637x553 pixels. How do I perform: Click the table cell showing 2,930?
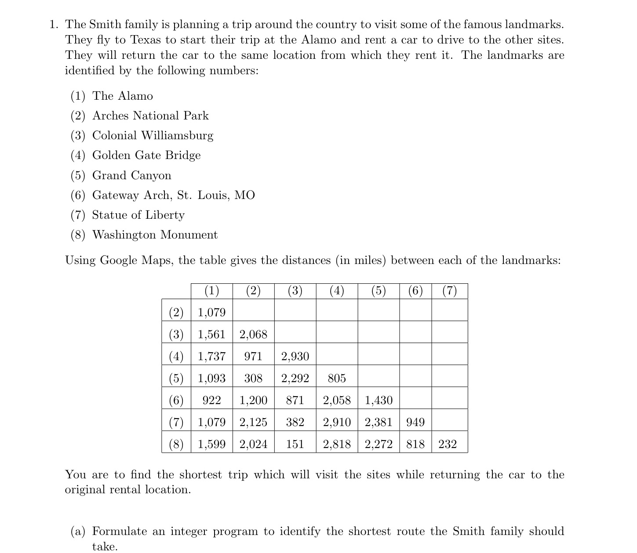click(x=295, y=356)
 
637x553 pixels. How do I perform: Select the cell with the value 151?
click(x=295, y=444)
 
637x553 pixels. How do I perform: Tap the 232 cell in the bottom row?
click(x=448, y=444)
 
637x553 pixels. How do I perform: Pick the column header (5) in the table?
click(x=379, y=291)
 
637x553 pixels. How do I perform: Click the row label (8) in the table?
click(x=176, y=444)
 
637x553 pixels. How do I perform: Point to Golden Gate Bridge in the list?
click(x=146, y=155)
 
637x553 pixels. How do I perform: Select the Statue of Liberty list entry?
click(x=138, y=215)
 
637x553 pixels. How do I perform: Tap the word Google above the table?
click(x=119, y=260)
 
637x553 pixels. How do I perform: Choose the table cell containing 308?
click(x=253, y=378)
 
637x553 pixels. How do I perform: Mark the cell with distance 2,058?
click(x=337, y=400)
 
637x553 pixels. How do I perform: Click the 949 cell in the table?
click(x=415, y=422)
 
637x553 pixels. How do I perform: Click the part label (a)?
click(x=78, y=531)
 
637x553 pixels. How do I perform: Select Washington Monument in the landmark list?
click(x=155, y=235)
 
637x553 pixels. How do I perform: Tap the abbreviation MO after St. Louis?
click(x=244, y=195)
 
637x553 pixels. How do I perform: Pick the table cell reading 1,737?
click(x=211, y=356)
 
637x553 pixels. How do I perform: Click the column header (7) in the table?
click(x=449, y=291)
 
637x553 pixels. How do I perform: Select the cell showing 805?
click(x=337, y=378)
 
